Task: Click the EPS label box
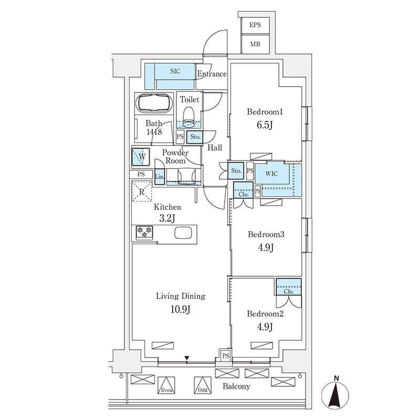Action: [x=255, y=25]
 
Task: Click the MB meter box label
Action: [x=255, y=44]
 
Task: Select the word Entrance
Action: [x=212, y=74]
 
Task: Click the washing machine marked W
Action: [x=140, y=156]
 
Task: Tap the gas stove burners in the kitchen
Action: [x=144, y=232]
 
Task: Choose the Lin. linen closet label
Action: [x=160, y=177]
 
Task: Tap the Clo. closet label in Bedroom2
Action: [x=288, y=291]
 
